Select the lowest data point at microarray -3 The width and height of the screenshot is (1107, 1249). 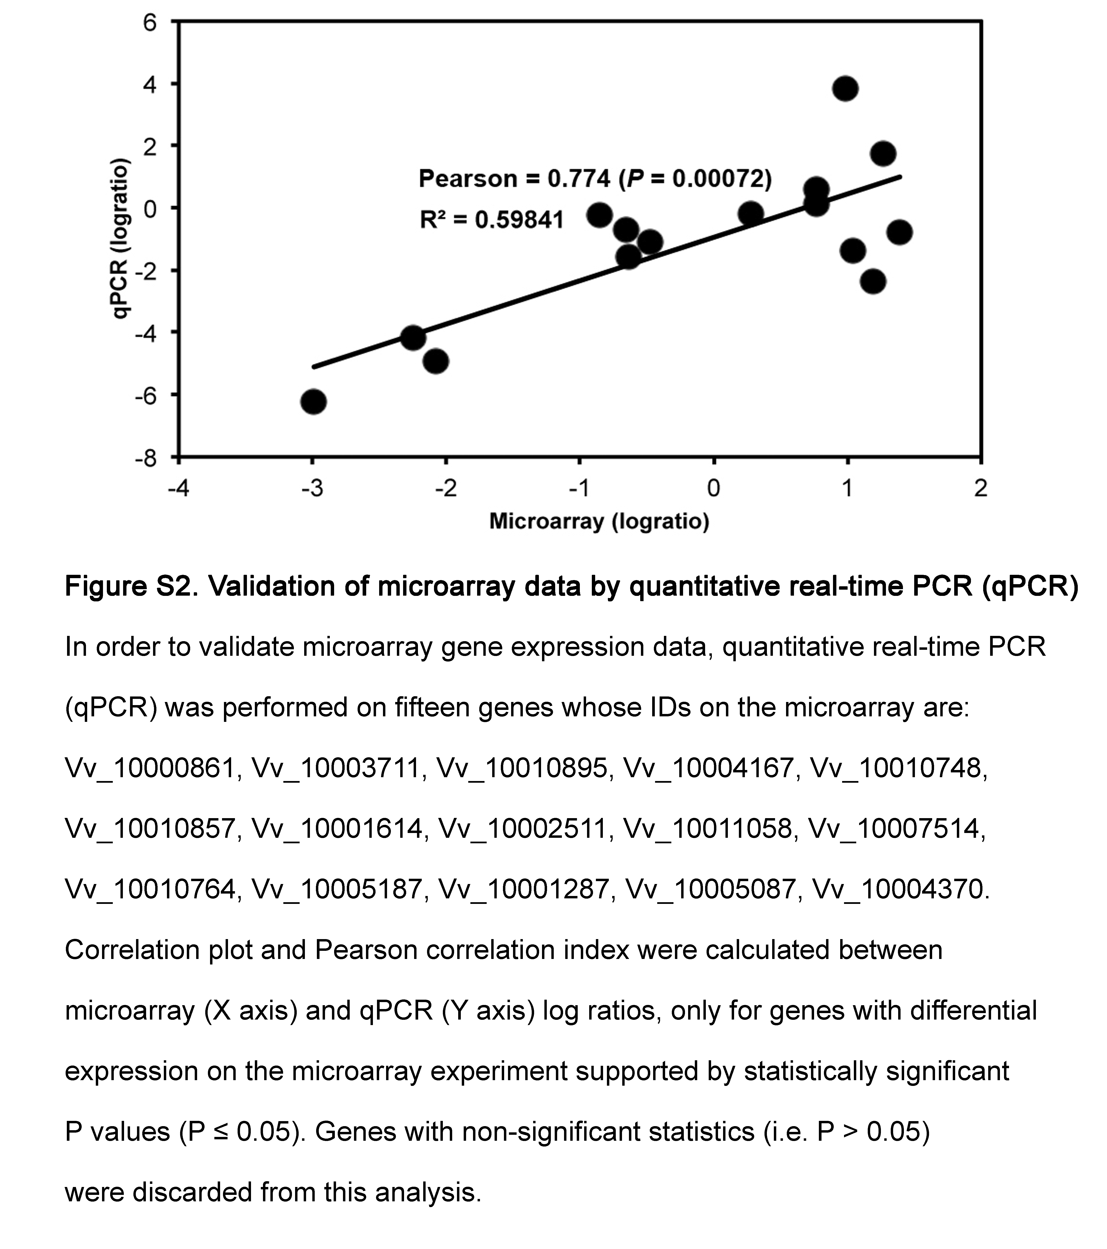click(x=314, y=401)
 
